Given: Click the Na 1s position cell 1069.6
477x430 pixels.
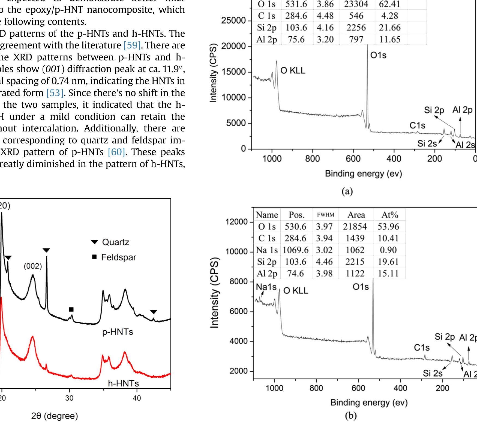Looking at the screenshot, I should tap(296, 250).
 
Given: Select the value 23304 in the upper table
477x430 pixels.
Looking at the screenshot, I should tap(356, 4).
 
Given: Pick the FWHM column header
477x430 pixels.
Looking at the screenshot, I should tap(325, 215).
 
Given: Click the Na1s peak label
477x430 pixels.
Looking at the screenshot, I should tap(266, 287).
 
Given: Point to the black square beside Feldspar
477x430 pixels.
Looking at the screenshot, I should tap(94, 257).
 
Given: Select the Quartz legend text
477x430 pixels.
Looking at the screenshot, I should tap(115, 242).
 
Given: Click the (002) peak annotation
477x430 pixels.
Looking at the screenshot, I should tap(33, 266).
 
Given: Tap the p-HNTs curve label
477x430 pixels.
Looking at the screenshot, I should tap(118, 332).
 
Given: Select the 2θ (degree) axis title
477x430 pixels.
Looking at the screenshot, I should tap(55, 416).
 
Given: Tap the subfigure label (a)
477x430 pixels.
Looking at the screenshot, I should tap(347, 191).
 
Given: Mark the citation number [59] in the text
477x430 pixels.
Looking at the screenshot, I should tap(132, 45).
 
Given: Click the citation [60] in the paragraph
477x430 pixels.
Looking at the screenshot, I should tap(116, 152).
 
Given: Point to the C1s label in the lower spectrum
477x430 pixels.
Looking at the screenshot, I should tap(422, 348).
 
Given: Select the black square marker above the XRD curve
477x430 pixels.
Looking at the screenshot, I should tap(71, 309).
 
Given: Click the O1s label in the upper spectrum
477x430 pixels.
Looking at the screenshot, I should tap(378, 56).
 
